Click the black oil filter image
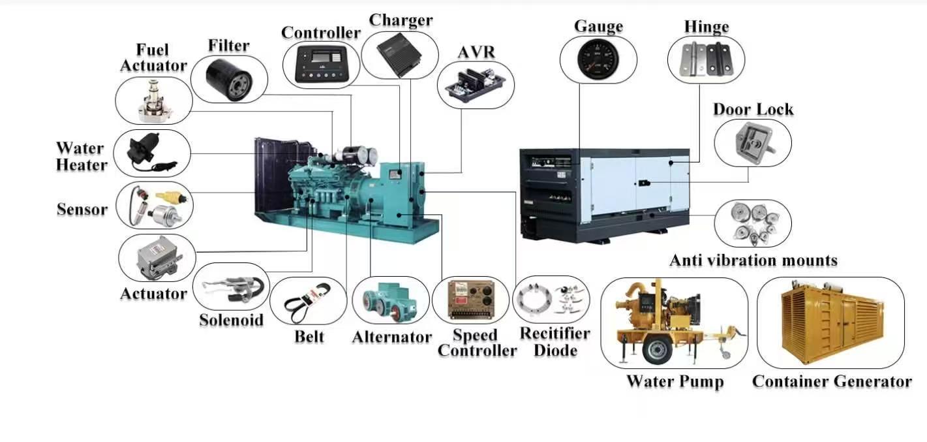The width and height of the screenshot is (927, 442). coord(229,80)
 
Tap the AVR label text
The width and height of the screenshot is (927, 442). coord(476,52)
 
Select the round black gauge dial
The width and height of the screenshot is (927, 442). coord(598,59)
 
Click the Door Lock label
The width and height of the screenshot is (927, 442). coord(753,110)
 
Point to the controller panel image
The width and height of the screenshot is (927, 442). coord(321,64)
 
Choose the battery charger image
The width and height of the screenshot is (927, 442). coord(399,54)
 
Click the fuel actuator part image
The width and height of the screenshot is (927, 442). coord(153,101)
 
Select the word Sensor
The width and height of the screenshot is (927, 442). coord(82,209)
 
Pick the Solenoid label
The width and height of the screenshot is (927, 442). coord(231,320)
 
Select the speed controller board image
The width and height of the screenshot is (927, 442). coord(471,300)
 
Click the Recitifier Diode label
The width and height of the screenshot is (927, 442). coord(555,341)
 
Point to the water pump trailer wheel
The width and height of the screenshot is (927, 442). coord(657,349)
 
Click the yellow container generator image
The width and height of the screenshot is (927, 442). coord(831,321)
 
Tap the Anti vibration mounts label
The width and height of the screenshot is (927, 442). coord(753,260)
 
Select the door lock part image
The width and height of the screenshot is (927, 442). coord(754,143)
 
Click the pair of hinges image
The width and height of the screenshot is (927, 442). coord(706,59)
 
